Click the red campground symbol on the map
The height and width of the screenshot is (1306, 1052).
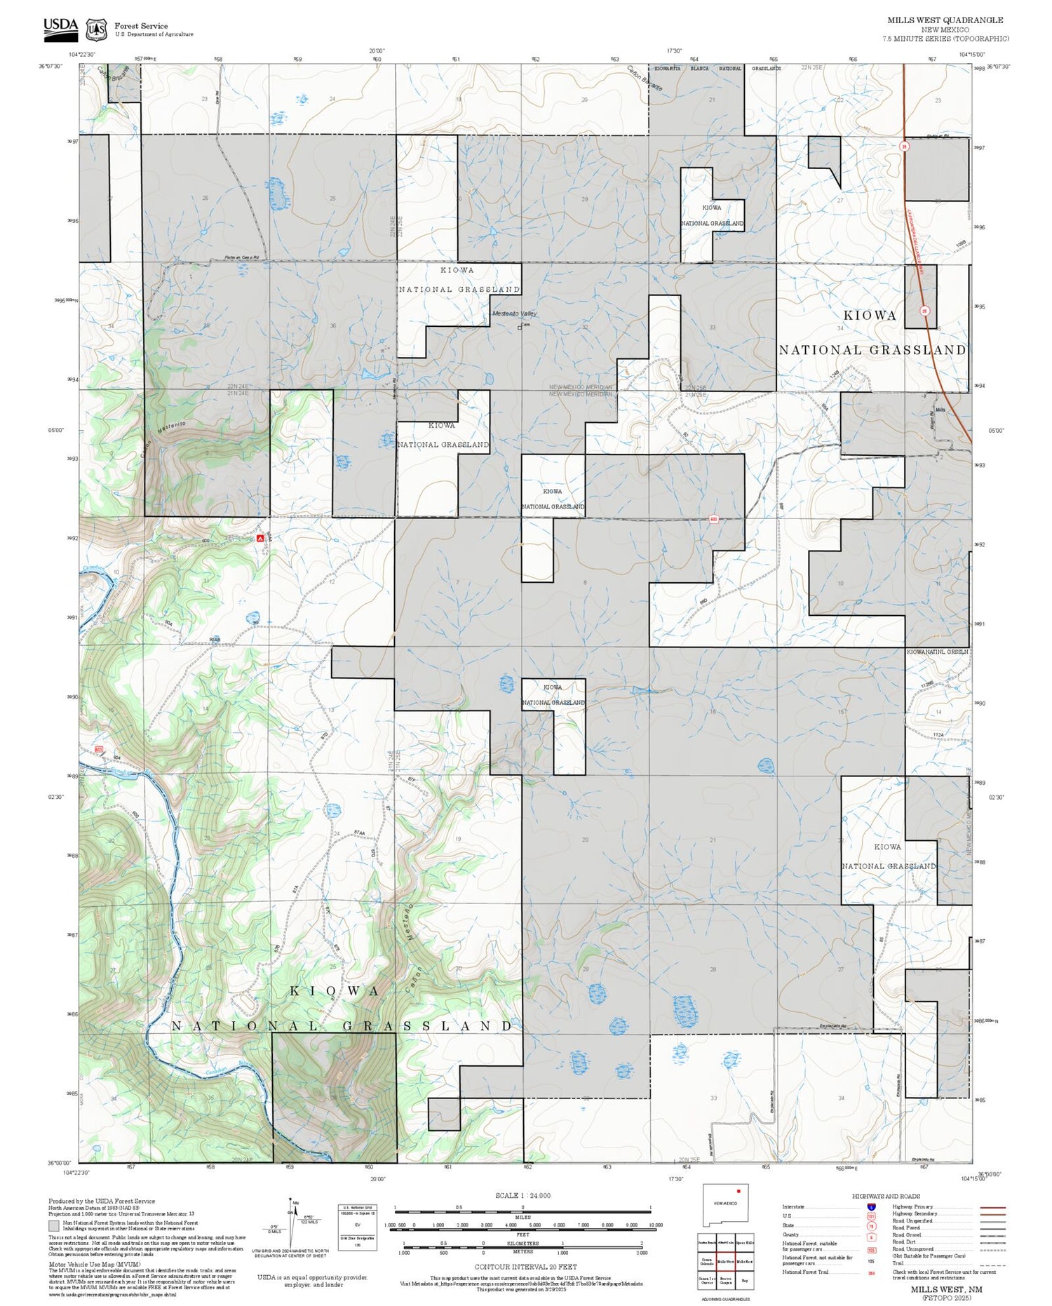pos(260,538)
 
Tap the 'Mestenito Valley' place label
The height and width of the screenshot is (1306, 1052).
pos(514,314)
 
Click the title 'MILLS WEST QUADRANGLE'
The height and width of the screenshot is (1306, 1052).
pos(945,20)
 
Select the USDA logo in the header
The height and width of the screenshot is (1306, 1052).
pos(61,28)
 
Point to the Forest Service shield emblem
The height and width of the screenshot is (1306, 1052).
pos(96,29)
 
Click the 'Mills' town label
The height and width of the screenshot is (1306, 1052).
pos(940,410)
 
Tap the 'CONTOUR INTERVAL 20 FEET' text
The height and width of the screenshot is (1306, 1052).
pos(525,1267)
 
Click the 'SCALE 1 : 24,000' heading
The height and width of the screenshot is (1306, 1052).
pos(522,1195)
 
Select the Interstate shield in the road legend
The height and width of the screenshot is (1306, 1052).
pos(871,1206)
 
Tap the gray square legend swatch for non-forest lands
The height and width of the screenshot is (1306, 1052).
pos(54,1226)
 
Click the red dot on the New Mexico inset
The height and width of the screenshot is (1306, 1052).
pos(739,1191)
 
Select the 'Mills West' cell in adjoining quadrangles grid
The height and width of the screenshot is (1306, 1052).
pos(725,1261)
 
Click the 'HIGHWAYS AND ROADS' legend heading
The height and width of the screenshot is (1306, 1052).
pos(886,1196)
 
